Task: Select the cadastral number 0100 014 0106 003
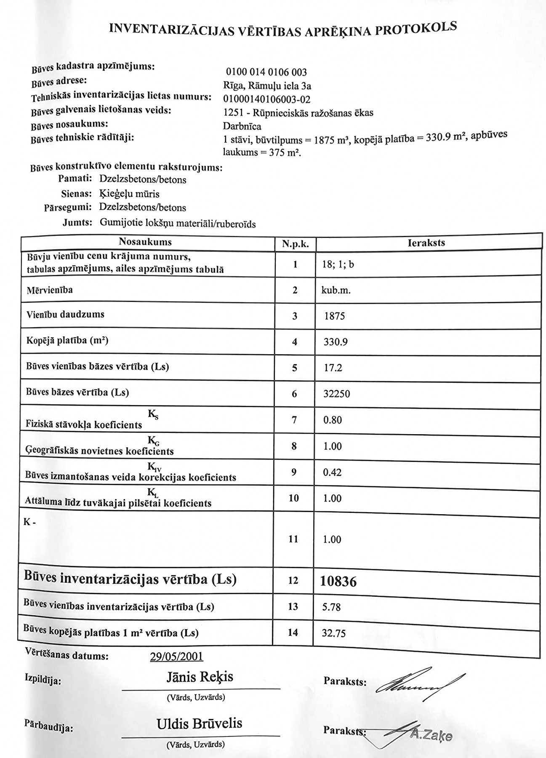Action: pyautogui.click(x=266, y=72)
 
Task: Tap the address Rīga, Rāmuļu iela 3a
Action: pyautogui.click(x=267, y=86)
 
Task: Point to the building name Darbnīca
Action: pyautogui.click(x=242, y=126)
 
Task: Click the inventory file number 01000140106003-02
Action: pyautogui.click(x=266, y=99)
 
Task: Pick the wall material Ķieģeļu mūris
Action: pyautogui.click(x=129, y=194)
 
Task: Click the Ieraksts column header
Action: pyautogui.click(x=426, y=243)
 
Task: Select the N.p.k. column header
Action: pyautogui.click(x=295, y=244)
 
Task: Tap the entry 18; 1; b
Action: pyautogui.click(x=338, y=264)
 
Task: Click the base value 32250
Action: pyautogui.click(x=336, y=394)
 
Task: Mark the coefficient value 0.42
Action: pyautogui.click(x=332, y=472)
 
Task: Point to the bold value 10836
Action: pyautogui.click(x=338, y=582)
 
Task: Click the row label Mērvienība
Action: pyautogui.click(x=49, y=290)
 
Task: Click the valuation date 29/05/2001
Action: pyautogui.click(x=176, y=657)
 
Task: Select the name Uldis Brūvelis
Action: pyautogui.click(x=199, y=723)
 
